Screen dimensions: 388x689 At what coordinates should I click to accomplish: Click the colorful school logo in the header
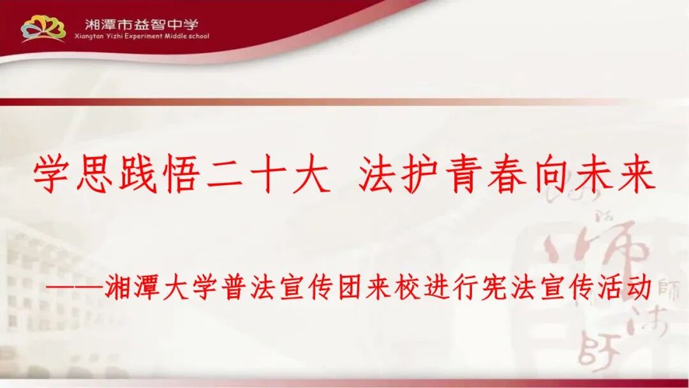[x=43, y=28]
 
